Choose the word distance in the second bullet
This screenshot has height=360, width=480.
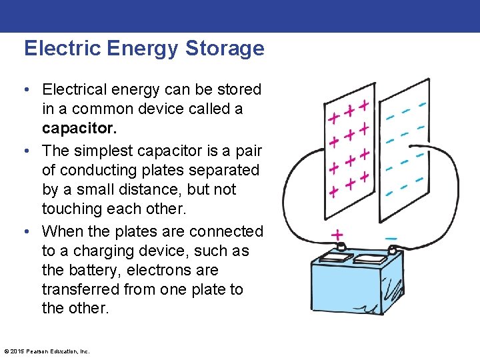pyautogui.click(x=143, y=189)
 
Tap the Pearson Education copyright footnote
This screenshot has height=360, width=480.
pyautogui.click(x=47, y=351)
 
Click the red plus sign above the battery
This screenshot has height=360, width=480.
pyautogui.click(x=337, y=235)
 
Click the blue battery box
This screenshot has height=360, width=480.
pyautogui.click(x=360, y=287)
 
